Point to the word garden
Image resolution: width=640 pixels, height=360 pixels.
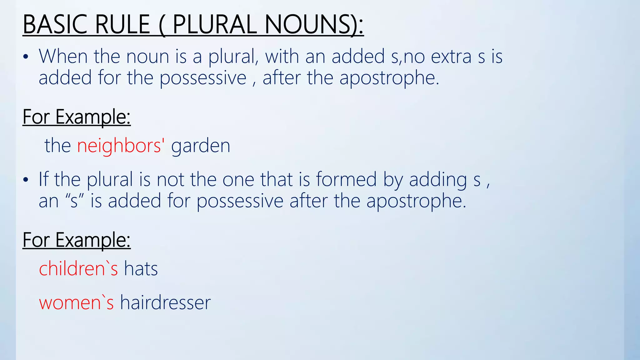click(201, 146)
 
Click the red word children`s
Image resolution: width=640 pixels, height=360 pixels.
click(78, 269)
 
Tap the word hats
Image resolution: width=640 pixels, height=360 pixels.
click(141, 269)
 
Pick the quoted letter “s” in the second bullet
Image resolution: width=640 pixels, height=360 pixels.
click(74, 201)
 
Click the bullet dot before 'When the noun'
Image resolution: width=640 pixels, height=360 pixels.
click(26, 57)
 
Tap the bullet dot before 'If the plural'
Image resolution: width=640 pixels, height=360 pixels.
click(26, 180)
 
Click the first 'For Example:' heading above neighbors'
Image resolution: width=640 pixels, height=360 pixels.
click(77, 117)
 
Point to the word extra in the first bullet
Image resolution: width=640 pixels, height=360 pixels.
click(451, 57)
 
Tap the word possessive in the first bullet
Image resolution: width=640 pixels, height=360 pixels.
click(203, 78)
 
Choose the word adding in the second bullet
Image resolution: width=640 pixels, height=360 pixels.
click(438, 180)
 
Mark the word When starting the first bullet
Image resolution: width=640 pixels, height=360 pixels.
click(63, 57)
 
